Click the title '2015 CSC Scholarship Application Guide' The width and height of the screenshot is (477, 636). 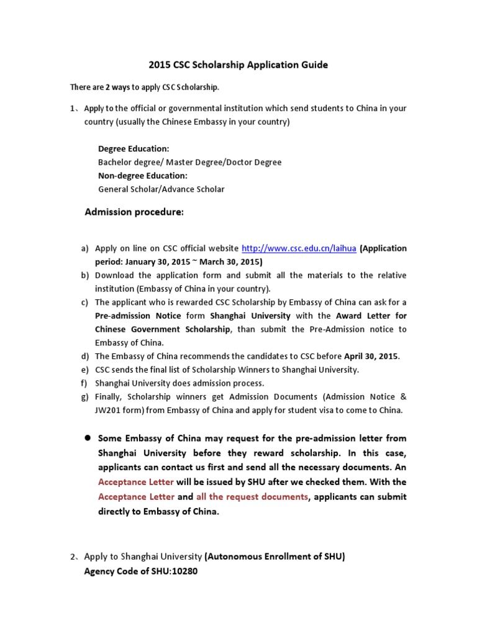click(x=238, y=65)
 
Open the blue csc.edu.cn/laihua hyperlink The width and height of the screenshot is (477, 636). click(x=298, y=248)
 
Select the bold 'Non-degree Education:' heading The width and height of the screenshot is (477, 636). click(x=142, y=176)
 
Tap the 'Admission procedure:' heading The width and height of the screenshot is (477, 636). click(x=134, y=212)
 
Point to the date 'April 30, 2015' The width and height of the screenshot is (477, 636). click(x=371, y=357)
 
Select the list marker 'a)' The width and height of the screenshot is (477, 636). click(x=85, y=248)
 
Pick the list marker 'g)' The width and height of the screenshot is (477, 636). click(x=85, y=397)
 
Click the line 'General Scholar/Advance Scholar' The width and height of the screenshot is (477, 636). click(x=161, y=189)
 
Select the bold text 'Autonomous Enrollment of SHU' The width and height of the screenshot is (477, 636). click(x=275, y=557)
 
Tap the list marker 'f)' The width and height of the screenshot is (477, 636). click(x=85, y=383)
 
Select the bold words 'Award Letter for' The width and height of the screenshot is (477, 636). click(x=371, y=316)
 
